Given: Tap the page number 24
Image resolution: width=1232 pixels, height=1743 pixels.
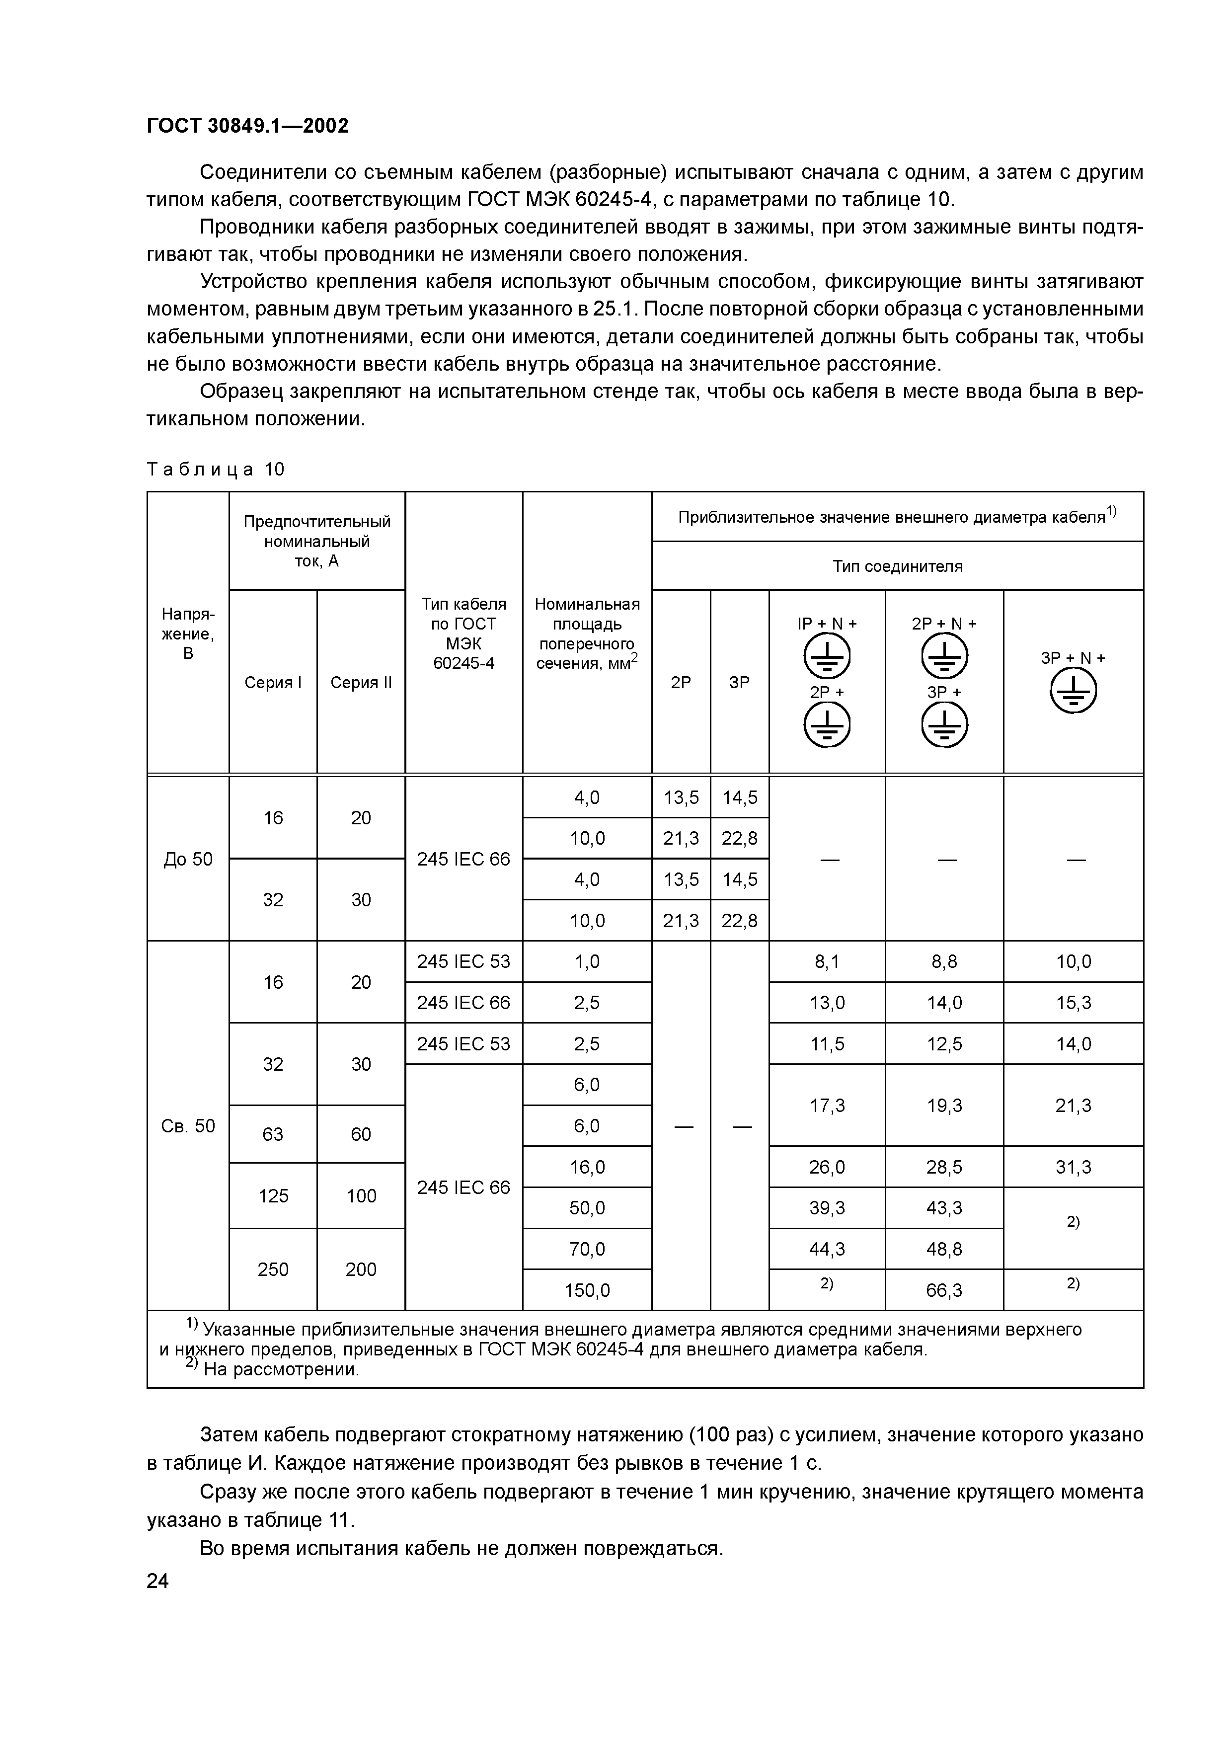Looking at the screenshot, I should tap(158, 1582).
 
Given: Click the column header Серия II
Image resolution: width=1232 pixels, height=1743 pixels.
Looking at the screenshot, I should tap(361, 683).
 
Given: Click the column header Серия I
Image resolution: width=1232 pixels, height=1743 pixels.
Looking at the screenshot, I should tap(273, 683).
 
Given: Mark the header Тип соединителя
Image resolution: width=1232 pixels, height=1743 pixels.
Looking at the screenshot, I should tap(897, 566).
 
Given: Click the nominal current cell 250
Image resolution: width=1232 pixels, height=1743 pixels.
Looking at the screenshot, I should tap(273, 1269).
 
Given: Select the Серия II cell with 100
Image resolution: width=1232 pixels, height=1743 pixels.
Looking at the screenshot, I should tap(361, 1196).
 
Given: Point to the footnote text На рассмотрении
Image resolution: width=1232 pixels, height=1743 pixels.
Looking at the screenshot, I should tap(281, 1369).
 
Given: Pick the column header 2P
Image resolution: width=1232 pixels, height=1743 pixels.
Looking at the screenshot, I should tap(681, 683).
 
